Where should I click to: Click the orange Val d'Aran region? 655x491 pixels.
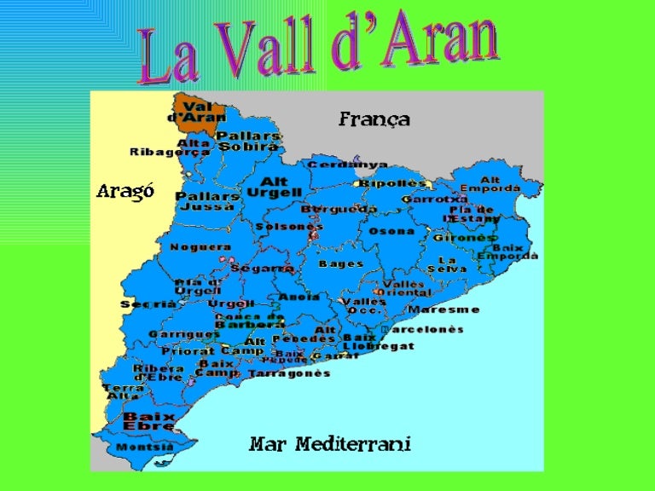[x=198, y=113]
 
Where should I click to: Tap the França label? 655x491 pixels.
[x=374, y=119]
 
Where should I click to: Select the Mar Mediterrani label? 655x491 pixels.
[x=329, y=444]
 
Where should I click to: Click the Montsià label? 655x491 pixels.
[x=144, y=447]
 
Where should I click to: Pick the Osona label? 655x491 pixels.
[x=391, y=231]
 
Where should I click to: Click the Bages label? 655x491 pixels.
[x=341, y=263]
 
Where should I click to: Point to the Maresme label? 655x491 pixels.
[x=443, y=309]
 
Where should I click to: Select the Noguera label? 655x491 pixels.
[x=200, y=247]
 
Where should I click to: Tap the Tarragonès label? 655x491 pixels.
[x=290, y=373]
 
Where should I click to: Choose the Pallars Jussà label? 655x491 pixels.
[x=207, y=200]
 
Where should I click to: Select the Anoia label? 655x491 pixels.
[x=299, y=297]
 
